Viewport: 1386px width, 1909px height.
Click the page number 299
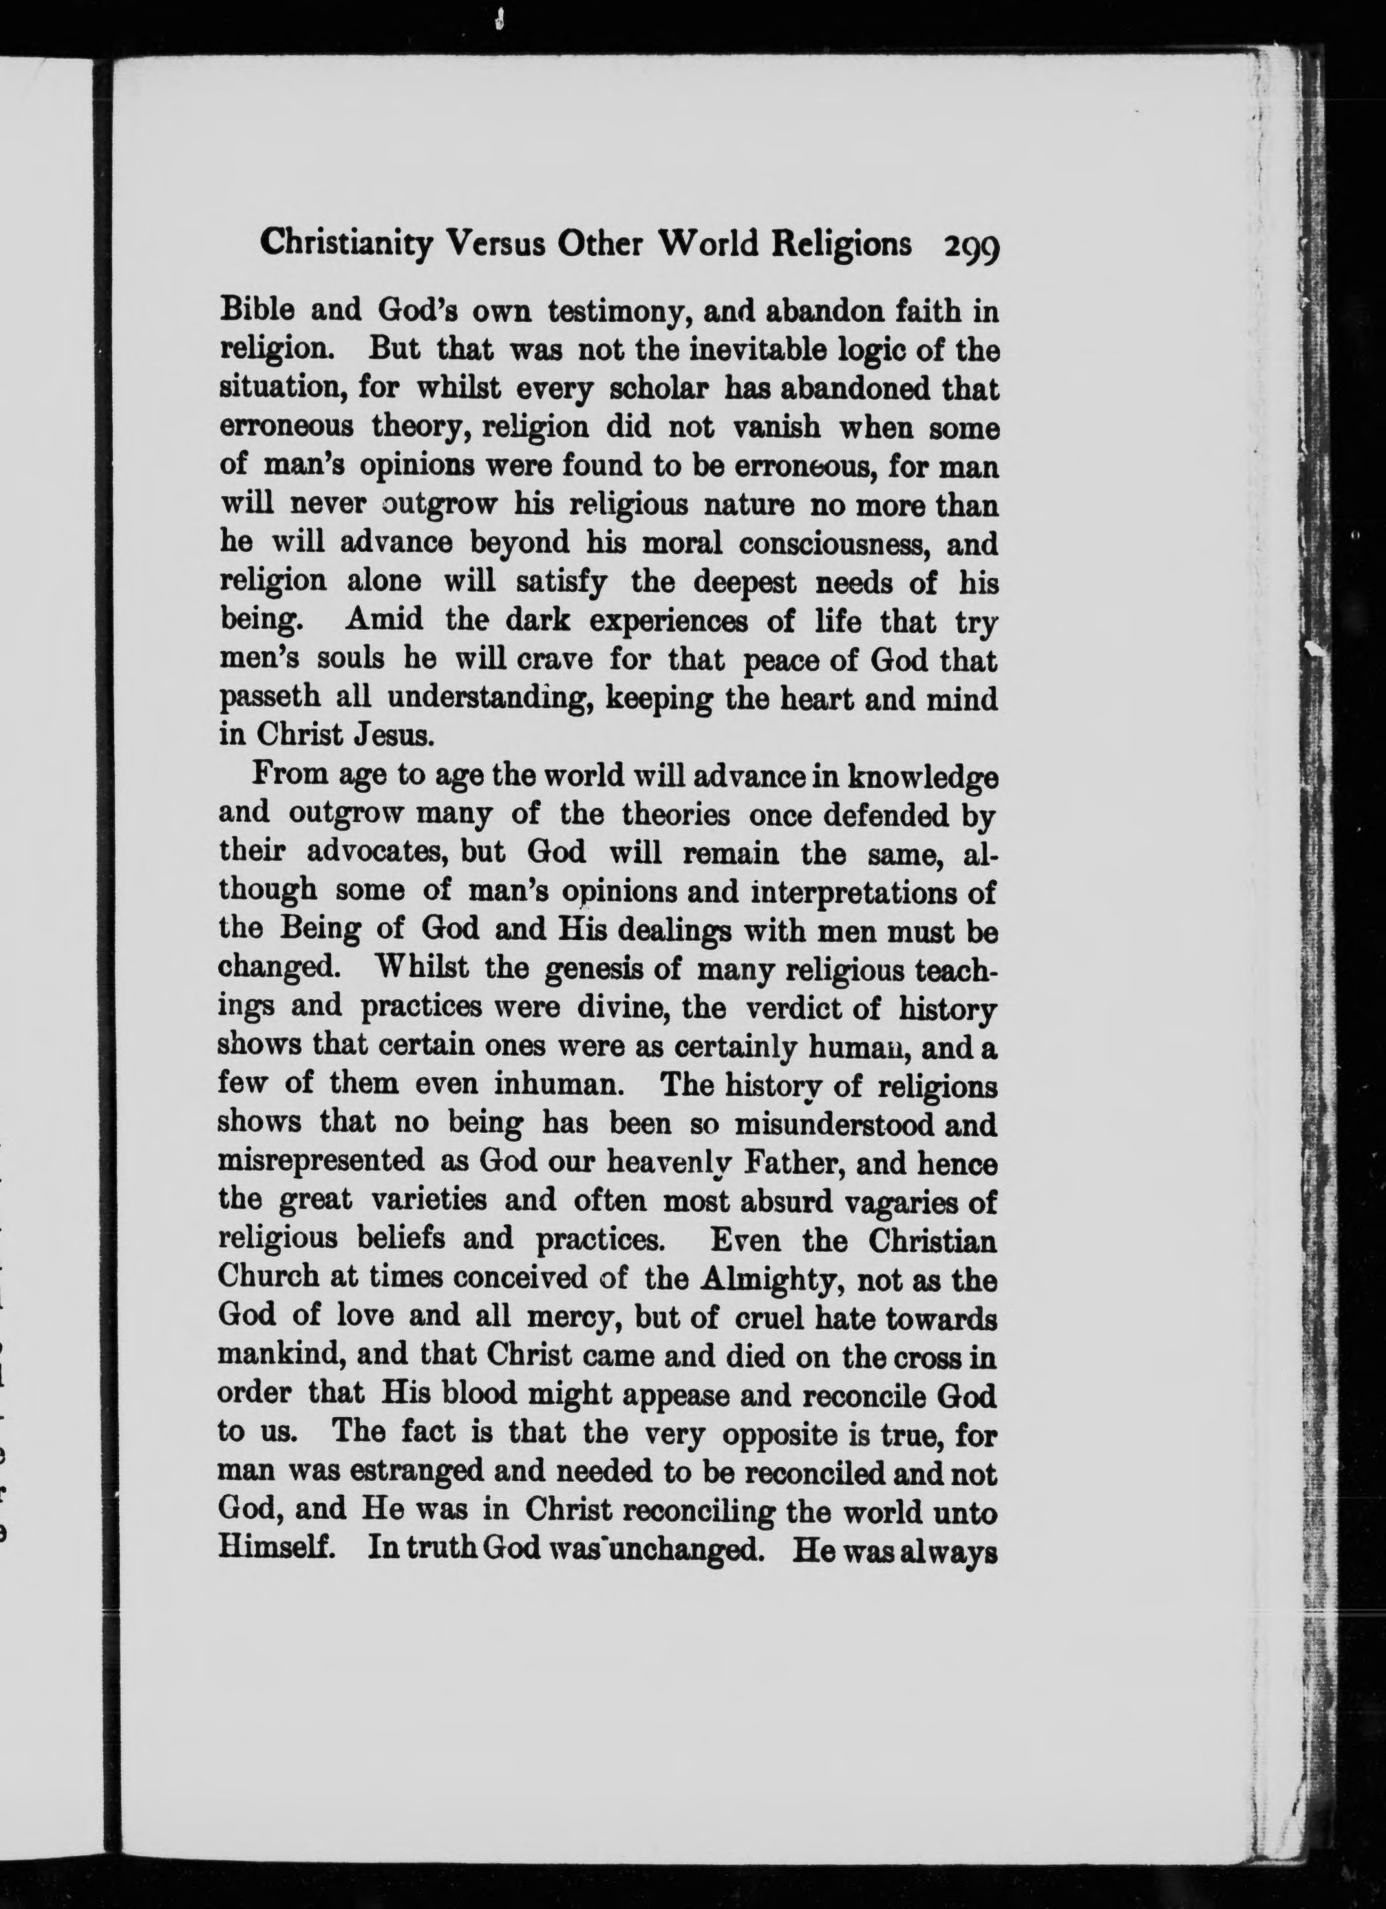(x=970, y=246)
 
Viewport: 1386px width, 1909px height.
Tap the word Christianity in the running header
(x=346, y=244)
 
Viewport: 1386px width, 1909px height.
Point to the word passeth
(x=268, y=698)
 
